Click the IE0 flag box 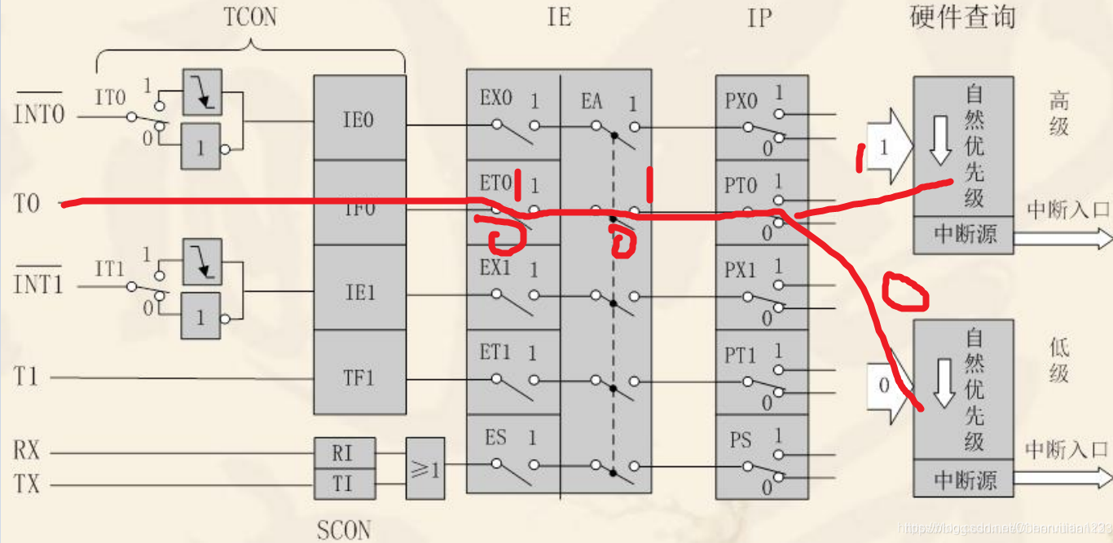[x=359, y=120]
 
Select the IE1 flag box [x=359, y=292]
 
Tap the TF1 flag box [x=359, y=377]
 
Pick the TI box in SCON [x=344, y=483]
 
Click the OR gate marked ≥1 [x=425, y=468]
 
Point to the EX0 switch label [x=495, y=99]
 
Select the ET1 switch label [x=495, y=353]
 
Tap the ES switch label [x=495, y=438]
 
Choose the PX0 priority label [x=741, y=101]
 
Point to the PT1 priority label [x=741, y=355]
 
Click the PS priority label [x=741, y=440]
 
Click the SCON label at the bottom [x=344, y=530]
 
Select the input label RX [x=27, y=450]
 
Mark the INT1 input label [x=38, y=285]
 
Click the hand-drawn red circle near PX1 [x=905, y=291]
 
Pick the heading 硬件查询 [x=962, y=17]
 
